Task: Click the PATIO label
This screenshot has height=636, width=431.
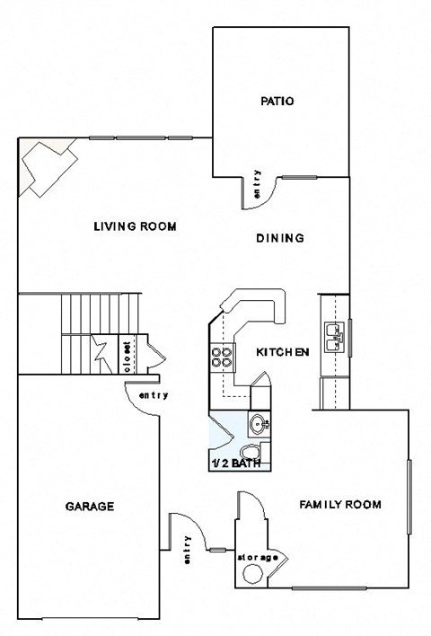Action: pyautogui.click(x=279, y=102)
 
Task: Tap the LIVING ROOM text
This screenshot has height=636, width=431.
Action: pyautogui.click(x=135, y=226)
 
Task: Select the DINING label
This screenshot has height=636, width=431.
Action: pyautogui.click(x=280, y=238)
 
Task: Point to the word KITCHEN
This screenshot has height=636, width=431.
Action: pyautogui.click(x=283, y=352)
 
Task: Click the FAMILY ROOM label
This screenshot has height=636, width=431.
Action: pyautogui.click(x=339, y=505)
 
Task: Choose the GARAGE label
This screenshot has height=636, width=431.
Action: pyautogui.click(x=89, y=506)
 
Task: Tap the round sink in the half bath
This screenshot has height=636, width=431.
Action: pyautogui.click(x=259, y=422)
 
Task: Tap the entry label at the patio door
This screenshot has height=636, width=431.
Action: pyautogui.click(x=257, y=183)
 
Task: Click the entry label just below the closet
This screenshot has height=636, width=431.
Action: pyautogui.click(x=153, y=395)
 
